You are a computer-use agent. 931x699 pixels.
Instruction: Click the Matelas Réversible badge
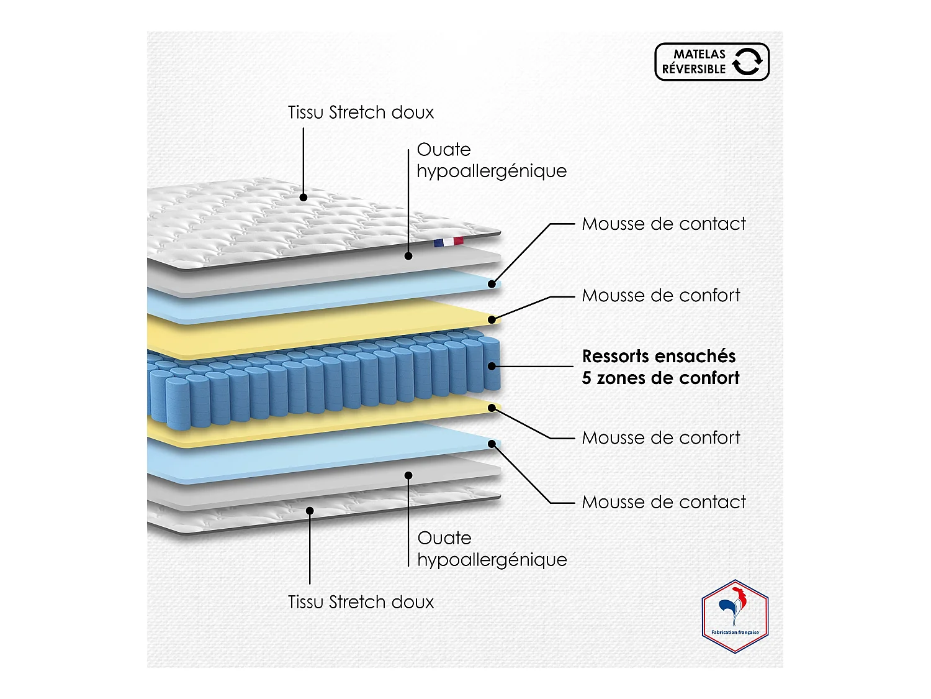coord(711,62)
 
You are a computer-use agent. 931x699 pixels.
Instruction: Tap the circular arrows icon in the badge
coord(747,62)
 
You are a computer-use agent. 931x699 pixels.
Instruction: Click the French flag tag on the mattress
coord(448,242)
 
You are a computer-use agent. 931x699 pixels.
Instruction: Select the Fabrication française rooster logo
coord(735,616)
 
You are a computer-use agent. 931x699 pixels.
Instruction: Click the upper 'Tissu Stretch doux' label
coord(361,112)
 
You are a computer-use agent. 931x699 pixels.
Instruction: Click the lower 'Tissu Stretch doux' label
coord(361,602)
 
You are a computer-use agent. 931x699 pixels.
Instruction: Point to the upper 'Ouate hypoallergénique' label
coord(491,160)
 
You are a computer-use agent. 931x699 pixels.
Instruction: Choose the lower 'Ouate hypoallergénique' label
coord(492,549)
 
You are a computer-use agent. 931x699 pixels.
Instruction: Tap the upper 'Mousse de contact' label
coord(663,224)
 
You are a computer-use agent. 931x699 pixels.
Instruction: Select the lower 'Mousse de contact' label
coord(663,502)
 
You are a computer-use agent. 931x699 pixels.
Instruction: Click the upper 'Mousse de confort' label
coord(661,295)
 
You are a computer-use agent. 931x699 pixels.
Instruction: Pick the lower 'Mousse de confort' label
coord(661,437)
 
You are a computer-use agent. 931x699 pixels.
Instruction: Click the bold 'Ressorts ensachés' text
coord(659,356)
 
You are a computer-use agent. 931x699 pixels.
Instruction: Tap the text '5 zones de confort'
coord(660,378)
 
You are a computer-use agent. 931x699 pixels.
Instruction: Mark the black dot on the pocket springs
coord(492,366)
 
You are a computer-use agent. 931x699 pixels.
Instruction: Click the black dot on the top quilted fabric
coord(304,198)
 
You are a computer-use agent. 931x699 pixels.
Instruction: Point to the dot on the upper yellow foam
coord(492,320)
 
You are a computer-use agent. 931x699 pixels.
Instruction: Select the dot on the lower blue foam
coord(492,444)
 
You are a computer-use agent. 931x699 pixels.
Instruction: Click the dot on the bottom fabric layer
coord(310,511)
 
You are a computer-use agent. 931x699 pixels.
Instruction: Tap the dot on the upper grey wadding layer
coord(408,255)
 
